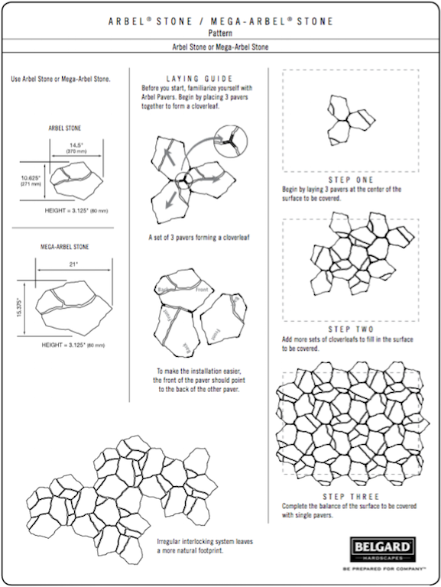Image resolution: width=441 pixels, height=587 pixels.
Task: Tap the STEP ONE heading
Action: click(x=351, y=180)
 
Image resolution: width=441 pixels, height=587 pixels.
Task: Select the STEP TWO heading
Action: click(x=351, y=329)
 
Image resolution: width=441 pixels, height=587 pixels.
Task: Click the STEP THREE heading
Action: click(x=351, y=497)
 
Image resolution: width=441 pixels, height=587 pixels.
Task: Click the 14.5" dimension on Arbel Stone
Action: click(x=76, y=144)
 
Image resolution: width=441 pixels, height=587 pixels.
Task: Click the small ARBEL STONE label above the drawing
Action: click(x=65, y=128)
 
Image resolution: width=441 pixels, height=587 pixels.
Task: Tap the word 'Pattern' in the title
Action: click(x=220, y=33)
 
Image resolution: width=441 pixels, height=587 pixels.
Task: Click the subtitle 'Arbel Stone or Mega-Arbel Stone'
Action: click(x=220, y=47)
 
